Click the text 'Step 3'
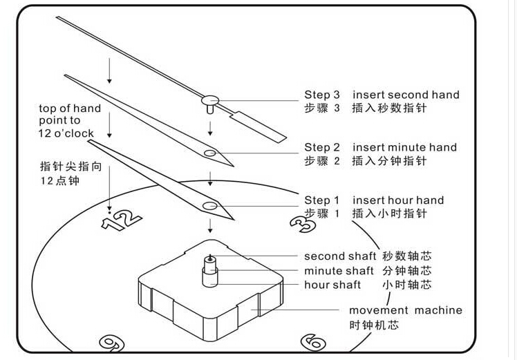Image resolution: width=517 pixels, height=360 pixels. pos(322,95)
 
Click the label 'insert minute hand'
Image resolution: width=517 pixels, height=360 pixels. pos(404,147)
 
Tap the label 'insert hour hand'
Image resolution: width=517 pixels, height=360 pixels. pos(398,200)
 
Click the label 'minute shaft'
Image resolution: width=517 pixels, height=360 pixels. pos(339,271)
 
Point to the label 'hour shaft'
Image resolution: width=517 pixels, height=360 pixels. pos(332,285)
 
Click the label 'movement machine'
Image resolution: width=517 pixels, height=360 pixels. pos(405,311)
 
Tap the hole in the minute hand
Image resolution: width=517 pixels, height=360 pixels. pos(210,152)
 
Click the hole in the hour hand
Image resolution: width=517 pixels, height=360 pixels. pos(210,205)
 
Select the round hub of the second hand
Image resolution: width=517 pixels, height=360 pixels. pos(210,101)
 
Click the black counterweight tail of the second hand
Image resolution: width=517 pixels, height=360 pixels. pos(259,125)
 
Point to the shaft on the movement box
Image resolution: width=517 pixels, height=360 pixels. pos(209,269)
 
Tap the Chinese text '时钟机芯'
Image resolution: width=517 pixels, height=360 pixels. pos(373,325)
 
